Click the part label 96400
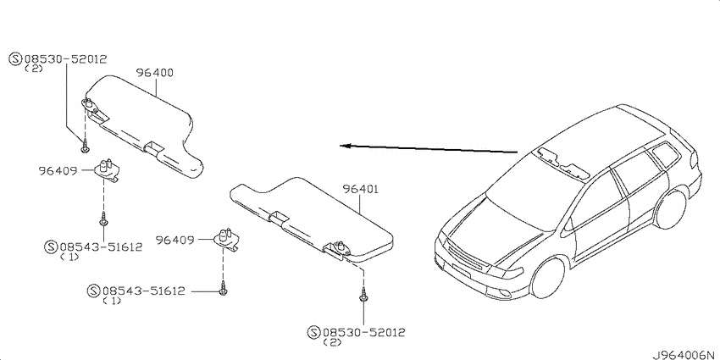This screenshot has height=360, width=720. tap(155, 73)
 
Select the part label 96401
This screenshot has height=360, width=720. tap(361, 189)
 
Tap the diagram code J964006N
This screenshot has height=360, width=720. tap(685, 355)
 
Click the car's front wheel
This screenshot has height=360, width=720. tap(547, 278)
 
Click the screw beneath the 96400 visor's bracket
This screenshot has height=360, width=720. tap(85, 146)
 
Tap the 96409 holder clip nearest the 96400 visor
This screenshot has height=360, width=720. tap(107, 168)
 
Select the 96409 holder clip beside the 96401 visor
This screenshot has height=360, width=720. tap(226, 238)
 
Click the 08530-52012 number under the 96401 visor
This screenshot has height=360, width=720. tap(363, 332)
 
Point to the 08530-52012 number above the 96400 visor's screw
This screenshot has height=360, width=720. tap(65, 58)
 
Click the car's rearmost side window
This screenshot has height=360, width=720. tap(666, 154)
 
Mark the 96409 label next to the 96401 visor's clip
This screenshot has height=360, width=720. tap(174, 240)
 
